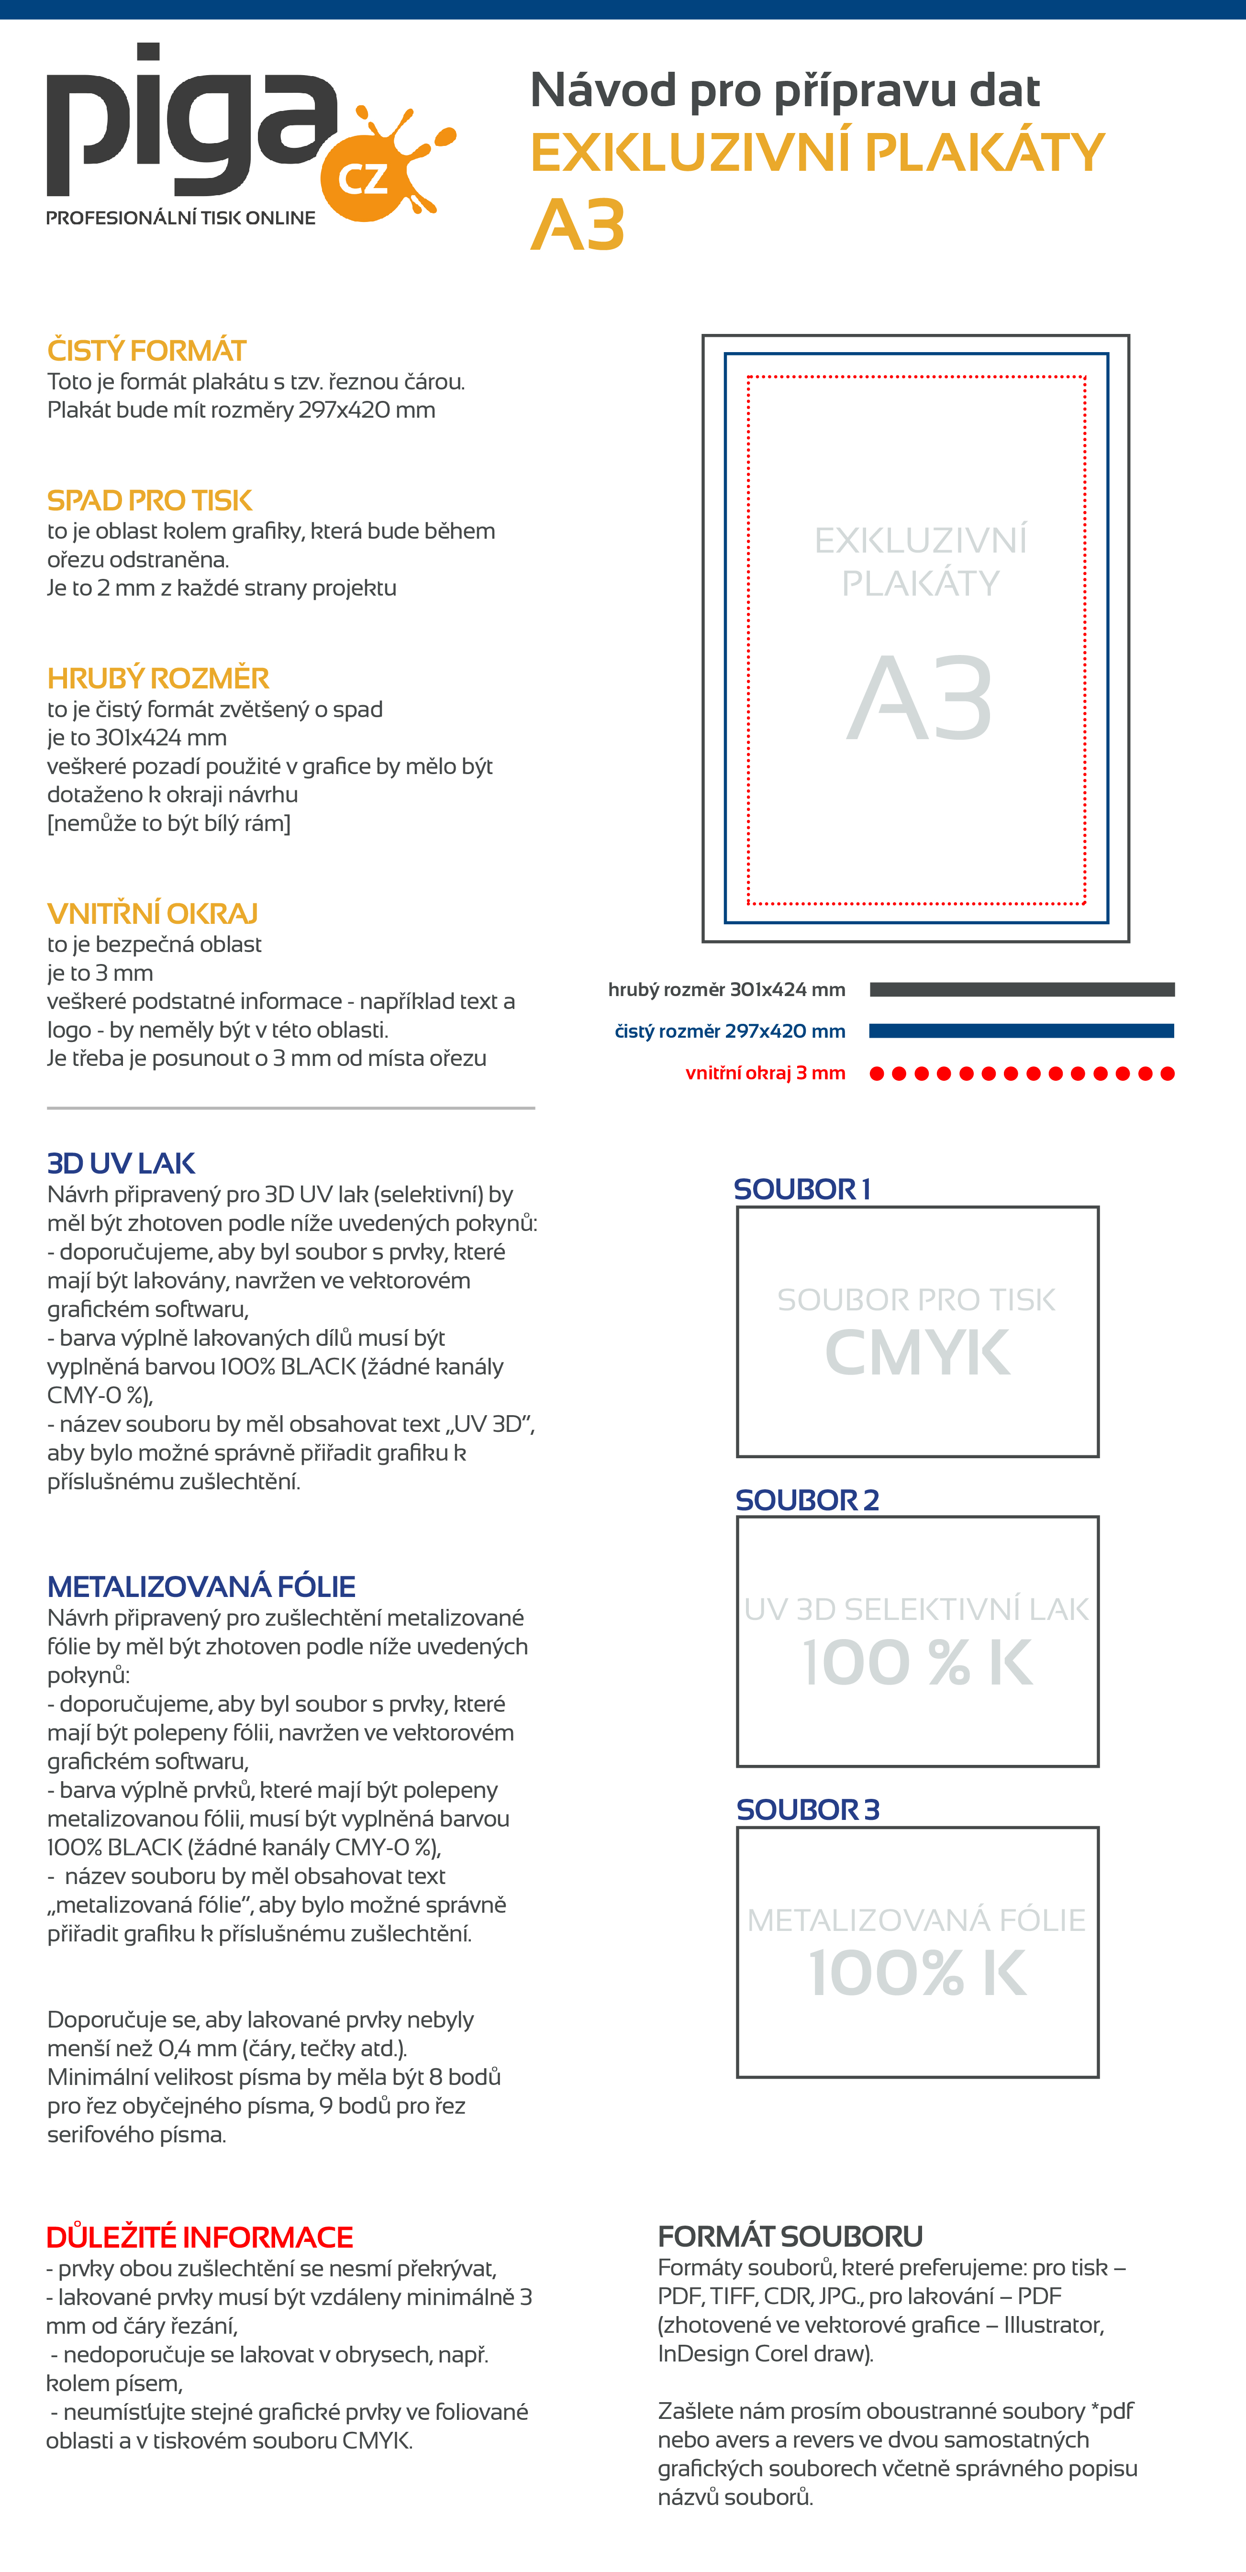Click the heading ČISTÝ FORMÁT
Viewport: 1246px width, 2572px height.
[x=147, y=351]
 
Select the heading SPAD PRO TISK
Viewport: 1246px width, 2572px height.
[x=150, y=500]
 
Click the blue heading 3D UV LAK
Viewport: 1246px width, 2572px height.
[x=121, y=1163]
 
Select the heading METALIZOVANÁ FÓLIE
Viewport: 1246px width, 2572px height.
[x=200, y=1586]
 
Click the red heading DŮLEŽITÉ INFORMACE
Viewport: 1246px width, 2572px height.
[x=200, y=2237]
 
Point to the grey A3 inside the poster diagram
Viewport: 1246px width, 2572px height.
[x=920, y=699]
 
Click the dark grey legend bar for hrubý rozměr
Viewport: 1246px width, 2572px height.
[x=1022, y=989]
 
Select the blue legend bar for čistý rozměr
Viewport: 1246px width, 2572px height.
[x=1022, y=1031]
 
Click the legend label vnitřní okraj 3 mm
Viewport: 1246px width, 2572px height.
[x=765, y=1073]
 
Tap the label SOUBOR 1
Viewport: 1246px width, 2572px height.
[x=801, y=1189]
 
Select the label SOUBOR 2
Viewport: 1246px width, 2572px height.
[x=807, y=1500]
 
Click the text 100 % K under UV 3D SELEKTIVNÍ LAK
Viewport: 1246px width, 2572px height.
[x=916, y=1663]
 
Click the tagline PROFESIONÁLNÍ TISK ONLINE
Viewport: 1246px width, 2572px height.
[x=181, y=218]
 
